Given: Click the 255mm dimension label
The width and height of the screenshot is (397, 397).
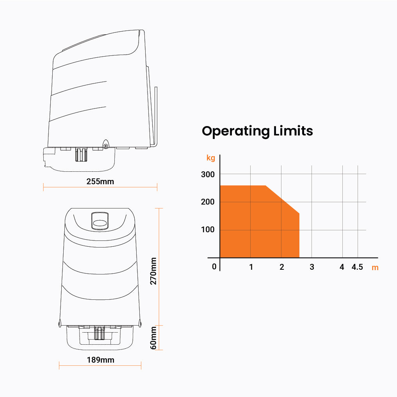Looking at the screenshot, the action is pos(100,182).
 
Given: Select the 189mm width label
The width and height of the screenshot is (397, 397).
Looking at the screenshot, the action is pos(100,360).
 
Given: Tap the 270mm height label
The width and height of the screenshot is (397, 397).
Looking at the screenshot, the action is pos(153,271).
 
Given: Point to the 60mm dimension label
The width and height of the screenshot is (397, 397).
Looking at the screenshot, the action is pos(153,338).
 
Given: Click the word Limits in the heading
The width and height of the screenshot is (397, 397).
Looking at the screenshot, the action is pos(293,131).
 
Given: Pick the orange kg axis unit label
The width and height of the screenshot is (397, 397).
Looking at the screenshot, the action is pos(211,158).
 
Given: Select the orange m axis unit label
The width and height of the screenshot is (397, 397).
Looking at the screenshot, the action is pos(375,268).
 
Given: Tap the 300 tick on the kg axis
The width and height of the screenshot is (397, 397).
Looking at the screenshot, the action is pos(208,174).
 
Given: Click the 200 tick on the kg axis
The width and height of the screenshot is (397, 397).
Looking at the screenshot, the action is pos(208,202).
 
